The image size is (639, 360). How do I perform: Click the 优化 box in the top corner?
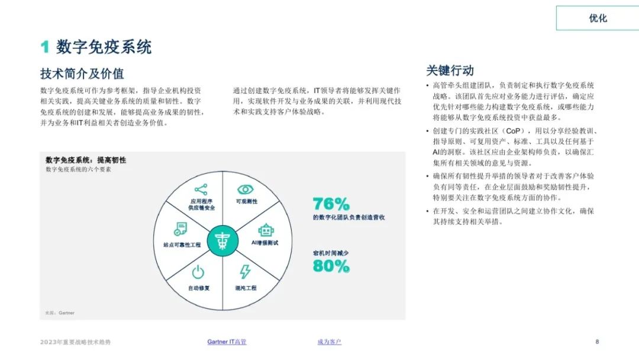click(598, 18)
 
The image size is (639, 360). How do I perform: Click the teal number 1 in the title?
click(45, 47)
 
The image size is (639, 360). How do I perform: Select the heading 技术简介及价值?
click(82, 74)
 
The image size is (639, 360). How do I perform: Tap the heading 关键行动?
click(450, 70)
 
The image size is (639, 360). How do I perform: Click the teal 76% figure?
click(331, 204)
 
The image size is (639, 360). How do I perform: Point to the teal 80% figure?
click(331, 266)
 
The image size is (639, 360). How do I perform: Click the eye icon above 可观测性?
click(246, 189)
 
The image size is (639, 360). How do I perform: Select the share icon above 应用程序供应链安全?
click(201, 189)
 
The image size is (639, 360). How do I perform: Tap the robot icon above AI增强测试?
click(266, 230)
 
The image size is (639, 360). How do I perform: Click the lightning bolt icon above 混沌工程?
click(245, 272)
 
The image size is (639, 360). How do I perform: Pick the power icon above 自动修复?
click(198, 272)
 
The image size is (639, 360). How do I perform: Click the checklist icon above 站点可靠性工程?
click(180, 229)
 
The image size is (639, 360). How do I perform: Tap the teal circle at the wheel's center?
click(222, 240)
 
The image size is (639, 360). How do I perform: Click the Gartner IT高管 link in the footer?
click(227, 342)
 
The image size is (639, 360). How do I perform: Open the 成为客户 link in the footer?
click(330, 342)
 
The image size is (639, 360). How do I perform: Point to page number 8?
click(597, 342)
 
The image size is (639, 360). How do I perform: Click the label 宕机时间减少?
click(331, 253)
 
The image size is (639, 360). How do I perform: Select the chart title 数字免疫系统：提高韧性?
click(86, 160)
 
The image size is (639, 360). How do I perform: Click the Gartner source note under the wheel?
click(60, 313)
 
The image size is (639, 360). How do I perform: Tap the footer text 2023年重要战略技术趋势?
click(75, 342)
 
